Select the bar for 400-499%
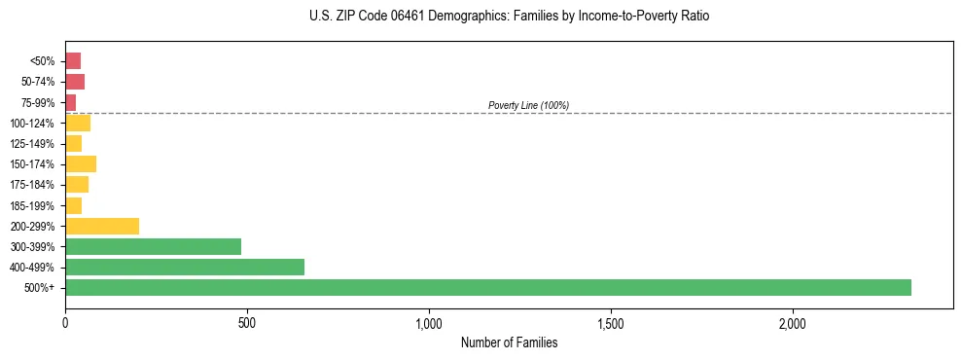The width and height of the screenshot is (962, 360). coord(185,267)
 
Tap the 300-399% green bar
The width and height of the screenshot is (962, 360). coord(153,246)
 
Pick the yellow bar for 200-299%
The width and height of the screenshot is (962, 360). coord(102,226)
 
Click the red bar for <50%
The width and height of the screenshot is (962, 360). coord(73,60)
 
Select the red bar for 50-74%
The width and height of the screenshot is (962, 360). coord(75,82)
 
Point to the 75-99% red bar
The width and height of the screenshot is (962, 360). coord(71,102)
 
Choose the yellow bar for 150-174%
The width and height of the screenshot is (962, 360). coord(81,163)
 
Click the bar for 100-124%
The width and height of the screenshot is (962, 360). coord(78,123)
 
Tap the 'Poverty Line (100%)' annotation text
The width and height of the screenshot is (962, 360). coord(528,105)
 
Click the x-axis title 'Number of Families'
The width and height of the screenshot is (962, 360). coord(509,342)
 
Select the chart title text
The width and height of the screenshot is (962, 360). coord(509,17)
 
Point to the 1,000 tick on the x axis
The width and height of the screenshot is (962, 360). coord(429,322)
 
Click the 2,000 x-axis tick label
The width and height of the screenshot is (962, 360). coord(793,322)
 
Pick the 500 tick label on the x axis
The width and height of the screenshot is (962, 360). coord(247,322)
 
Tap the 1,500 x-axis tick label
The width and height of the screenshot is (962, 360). coord(611,322)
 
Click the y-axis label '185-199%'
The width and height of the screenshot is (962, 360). coord(32,205)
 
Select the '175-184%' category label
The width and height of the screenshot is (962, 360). coord(32,185)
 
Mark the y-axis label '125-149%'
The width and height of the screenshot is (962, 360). coord(32,144)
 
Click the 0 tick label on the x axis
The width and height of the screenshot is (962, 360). coord(65,322)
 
